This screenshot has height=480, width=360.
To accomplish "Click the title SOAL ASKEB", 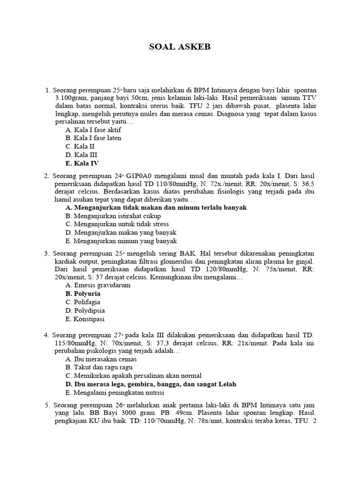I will pyautogui.click(x=180, y=47).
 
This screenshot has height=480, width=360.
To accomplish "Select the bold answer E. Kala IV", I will pyautogui.click(x=82, y=164).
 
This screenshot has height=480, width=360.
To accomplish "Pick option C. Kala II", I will pyautogui.click(x=80, y=146).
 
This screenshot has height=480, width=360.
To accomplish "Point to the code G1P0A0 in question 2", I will pyautogui.click(x=141, y=176).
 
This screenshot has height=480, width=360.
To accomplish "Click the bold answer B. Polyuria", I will pyautogui.click(x=83, y=293).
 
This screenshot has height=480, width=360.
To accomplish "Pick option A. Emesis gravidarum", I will pyautogui.click(x=98, y=285).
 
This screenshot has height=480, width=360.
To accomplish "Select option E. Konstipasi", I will pyautogui.click(x=85, y=319).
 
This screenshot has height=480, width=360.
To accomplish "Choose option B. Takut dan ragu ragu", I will pyautogui.click(x=99, y=367).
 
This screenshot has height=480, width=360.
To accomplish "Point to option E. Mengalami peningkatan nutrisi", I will pyautogui.click(x=121, y=392).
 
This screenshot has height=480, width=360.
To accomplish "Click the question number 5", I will pyautogui.click(x=47, y=405).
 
